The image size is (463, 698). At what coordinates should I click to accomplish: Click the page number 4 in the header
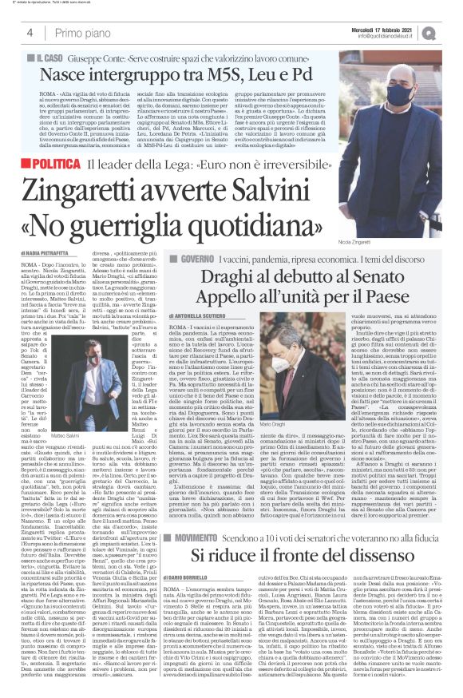[x=30, y=32]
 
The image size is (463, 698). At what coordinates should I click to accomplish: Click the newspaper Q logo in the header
[x=451, y=31]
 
